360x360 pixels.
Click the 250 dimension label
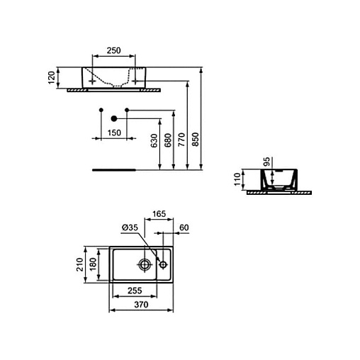pyautogui.click(x=113, y=50)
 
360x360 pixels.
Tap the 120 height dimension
pyautogui.click(x=51, y=77)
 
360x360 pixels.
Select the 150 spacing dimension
pyautogui.click(x=114, y=133)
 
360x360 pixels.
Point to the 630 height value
pyautogui.click(x=154, y=140)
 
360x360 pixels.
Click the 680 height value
pyautogui.click(x=168, y=140)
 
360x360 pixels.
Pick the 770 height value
pyautogui.click(x=181, y=140)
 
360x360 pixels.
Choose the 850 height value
pyautogui.click(x=196, y=140)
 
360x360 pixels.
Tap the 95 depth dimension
pyautogui.click(x=266, y=162)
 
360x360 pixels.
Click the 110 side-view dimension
pyautogui.click(x=237, y=179)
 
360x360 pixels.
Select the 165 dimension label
pyautogui.click(x=159, y=214)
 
